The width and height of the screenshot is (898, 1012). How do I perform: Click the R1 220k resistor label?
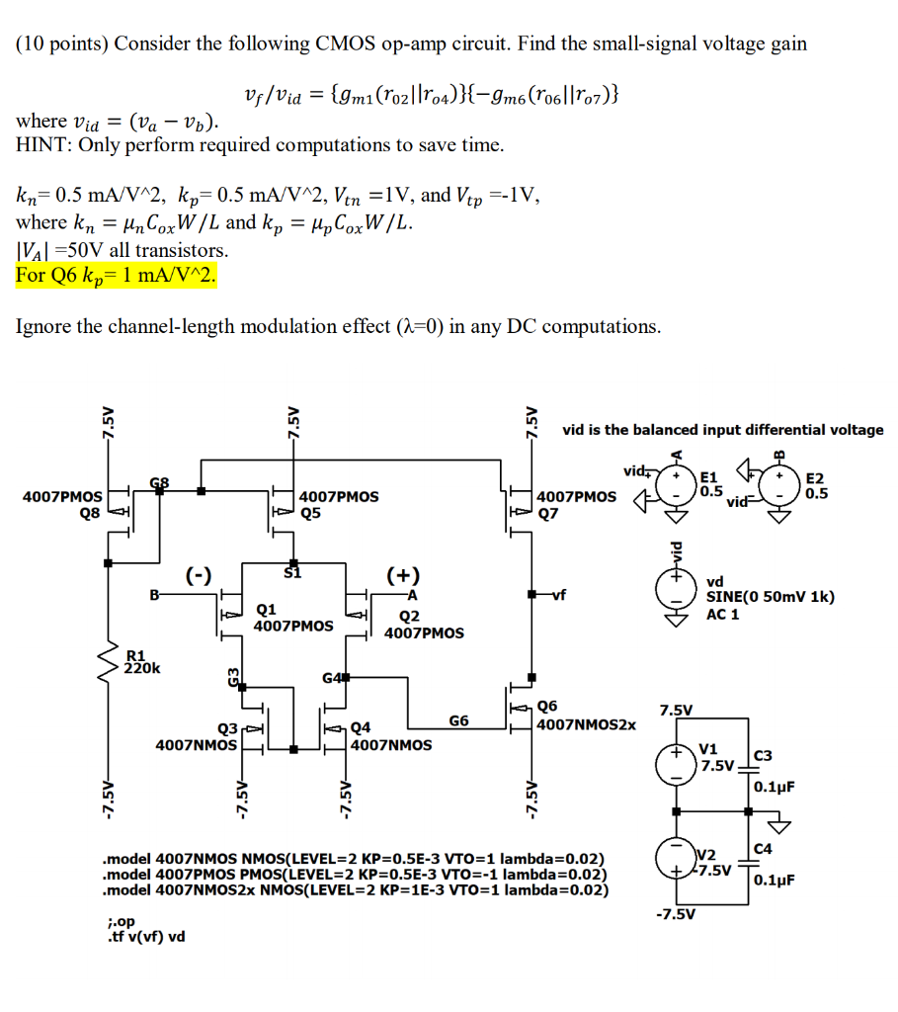138,661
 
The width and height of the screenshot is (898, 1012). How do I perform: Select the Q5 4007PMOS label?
338,504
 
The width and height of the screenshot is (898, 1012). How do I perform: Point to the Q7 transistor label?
550,512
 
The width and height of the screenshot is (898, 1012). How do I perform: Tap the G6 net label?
458,720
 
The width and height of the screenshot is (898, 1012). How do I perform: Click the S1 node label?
291,571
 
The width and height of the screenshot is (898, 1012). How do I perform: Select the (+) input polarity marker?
403,575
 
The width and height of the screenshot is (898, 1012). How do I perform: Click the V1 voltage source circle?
677,763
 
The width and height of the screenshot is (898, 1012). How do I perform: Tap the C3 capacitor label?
762,756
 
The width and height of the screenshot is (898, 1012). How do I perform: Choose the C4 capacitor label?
762,848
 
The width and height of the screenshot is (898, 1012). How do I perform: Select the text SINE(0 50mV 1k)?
770,597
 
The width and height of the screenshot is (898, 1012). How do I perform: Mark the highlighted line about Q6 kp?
115,275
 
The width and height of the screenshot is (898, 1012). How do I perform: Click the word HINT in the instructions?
41,144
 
